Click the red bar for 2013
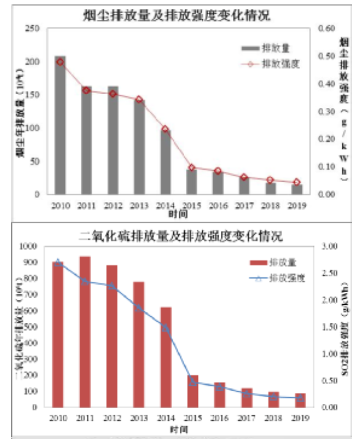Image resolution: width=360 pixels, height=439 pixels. pyautogui.click(x=139, y=344)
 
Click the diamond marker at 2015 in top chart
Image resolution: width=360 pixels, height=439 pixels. pyautogui.click(x=192, y=167)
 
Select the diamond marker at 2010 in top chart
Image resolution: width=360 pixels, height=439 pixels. pyautogui.click(x=60, y=62)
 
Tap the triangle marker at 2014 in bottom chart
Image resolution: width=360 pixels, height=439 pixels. pyautogui.click(x=165, y=328)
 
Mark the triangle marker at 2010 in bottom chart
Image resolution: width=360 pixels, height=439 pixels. pyautogui.click(x=58, y=262)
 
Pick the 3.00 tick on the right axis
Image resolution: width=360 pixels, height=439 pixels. pyautogui.click(x=328, y=246)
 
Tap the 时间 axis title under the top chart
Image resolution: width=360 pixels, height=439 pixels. pyautogui.click(x=178, y=213)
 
